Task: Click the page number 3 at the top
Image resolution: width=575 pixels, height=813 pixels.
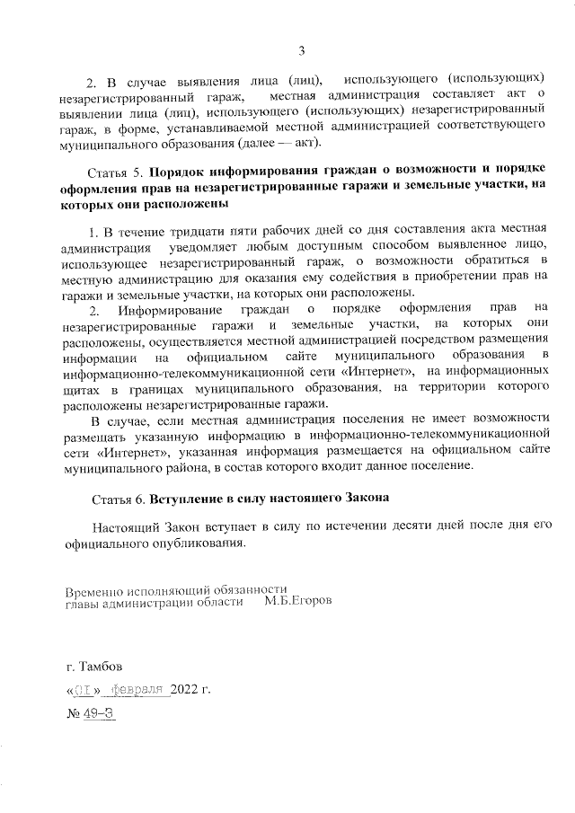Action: pyautogui.click(x=303, y=49)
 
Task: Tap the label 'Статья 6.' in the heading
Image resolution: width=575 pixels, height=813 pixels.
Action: pyautogui.click(x=119, y=497)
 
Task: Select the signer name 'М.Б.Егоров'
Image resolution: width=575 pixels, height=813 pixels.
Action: pyautogui.click(x=297, y=603)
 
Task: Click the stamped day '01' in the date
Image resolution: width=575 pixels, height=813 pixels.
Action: pyautogui.click(x=84, y=691)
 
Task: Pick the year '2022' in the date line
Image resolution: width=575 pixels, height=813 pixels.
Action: pyautogui.click(x=185, y=691)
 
